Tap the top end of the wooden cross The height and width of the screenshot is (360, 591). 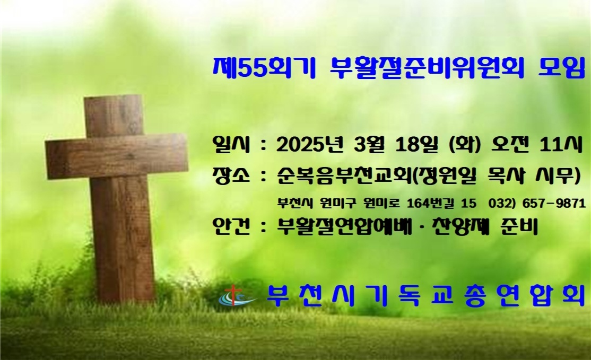pos(114,97)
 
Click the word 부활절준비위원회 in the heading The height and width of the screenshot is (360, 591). pos(426,68)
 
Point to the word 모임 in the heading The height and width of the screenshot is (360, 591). pos(561,68)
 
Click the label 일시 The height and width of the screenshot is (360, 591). pos(232,145)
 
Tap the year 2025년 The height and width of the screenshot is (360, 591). pos(310,145)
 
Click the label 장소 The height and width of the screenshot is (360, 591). pos(232,175)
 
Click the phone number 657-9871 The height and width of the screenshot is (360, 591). pos(554,204)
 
